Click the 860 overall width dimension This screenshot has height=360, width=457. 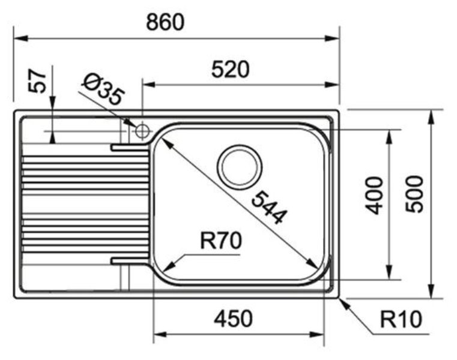[x=165, y=22]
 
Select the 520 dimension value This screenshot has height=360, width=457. [x=230, y=70]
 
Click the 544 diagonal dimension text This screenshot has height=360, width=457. [x=267, y=206]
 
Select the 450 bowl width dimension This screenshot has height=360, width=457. [x=233, y=319]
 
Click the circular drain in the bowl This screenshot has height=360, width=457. [x=240, y=166]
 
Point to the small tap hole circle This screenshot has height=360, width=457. [x=142, y=130]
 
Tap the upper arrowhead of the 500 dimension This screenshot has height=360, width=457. [x=431, y=115]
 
